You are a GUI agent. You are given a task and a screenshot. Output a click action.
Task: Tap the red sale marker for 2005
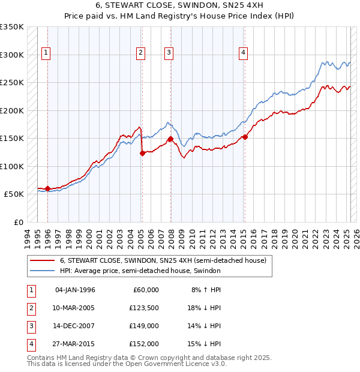142,154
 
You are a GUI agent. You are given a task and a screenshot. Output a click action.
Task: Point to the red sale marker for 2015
245,137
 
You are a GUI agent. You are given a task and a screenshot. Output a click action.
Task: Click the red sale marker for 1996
47,189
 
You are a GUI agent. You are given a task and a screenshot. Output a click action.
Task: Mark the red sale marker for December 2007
170,139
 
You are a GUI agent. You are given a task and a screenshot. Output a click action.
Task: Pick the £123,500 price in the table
144,308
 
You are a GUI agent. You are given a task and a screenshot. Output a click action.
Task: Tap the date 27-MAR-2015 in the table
74,344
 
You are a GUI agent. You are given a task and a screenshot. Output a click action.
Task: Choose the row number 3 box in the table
30,326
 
